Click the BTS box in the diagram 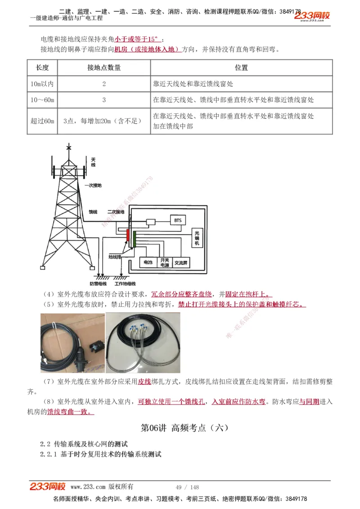coord(177,221)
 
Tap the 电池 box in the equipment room coord(148,262)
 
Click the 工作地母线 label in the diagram coord(125,284)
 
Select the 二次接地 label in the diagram coord(116,211)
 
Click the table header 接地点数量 coord(104,68)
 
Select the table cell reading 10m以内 coord(42,84)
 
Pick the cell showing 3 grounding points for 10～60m coord(104,100)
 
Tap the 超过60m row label coord(42,121)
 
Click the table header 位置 coord(241,68)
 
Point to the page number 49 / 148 coord(187,487)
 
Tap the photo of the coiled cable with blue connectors coord(143,343)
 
